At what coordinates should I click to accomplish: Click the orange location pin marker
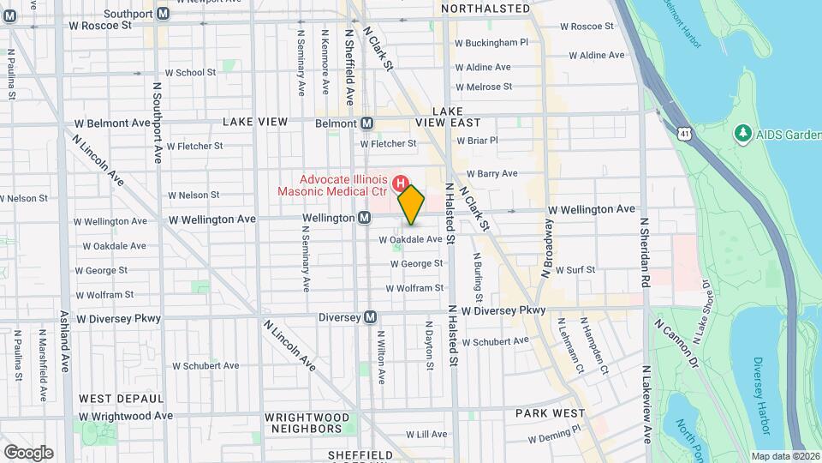click(411, 204)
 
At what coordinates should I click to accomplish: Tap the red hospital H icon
click(400, 183)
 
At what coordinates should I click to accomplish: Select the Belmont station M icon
click(366, 123)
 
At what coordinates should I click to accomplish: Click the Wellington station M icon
click(365, 219)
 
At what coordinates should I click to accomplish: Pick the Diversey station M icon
click(370, 317)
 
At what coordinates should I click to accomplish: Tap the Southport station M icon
click(163, 14)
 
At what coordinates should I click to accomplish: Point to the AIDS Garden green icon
click(743, 134)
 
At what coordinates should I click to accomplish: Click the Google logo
click(28, 452)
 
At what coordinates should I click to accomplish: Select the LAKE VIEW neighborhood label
click(255, 122)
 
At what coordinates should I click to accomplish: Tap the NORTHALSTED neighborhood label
click(485, 8)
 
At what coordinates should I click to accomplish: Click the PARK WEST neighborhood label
click(550, 412)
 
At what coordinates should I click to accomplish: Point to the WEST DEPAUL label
click(121, 399)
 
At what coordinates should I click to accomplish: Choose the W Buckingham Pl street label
click(491, 42)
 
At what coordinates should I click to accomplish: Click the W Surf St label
click(575, 269)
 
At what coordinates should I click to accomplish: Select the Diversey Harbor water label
click(763, 394)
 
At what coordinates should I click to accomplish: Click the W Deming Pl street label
click(554, 437)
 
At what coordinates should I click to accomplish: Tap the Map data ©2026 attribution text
click(784, 456)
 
